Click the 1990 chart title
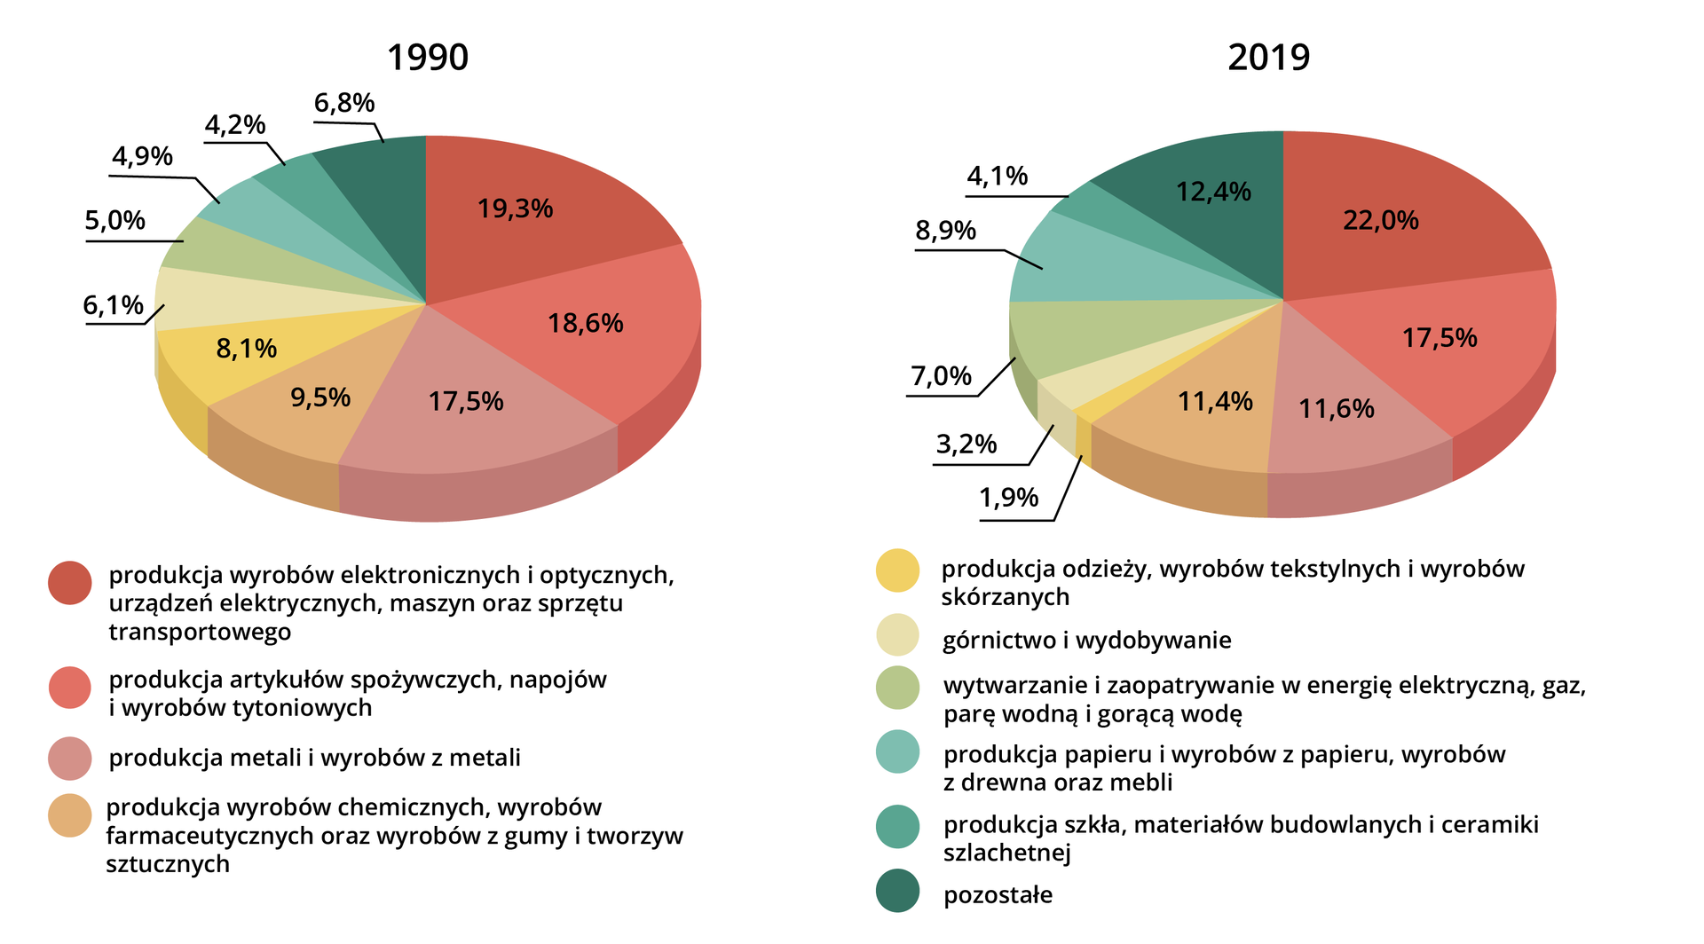(x=427, y=58)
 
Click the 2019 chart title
(x=1268, y=58)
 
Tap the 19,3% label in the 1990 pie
(x=515, y=208)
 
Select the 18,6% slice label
(x=585, y=323)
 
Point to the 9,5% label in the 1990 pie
(x=320, y=397)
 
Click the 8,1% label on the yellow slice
(x=246, y=349)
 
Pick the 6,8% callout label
(x=344, y=103)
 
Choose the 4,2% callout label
(x=235, y=125)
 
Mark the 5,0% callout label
(x=115, y=220)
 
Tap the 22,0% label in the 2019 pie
(x=1380, y=220)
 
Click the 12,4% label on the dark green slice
(x=1213, y=192)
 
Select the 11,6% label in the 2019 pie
(x=1336, y=409)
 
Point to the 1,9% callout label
(x=1009, y=498)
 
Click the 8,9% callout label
(x=945, y=231)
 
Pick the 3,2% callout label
(x=966, y=444)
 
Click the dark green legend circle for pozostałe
(x=897, y=891)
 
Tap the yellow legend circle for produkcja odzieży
(x=897, y=570)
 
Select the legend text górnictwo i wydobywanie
(x=1086, y=641)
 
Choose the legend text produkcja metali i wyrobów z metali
(x=314, y=758)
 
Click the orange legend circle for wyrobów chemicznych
(x=70, y=815)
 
